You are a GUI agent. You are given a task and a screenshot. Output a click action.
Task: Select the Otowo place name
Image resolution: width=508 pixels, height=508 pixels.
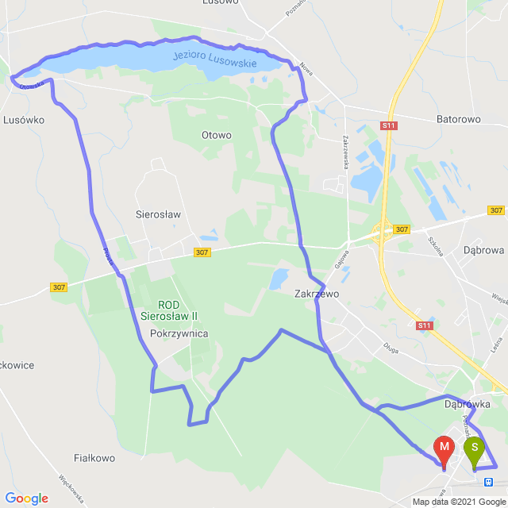point(217,136)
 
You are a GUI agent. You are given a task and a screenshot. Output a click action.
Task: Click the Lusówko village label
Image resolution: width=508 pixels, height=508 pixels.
point(24,119)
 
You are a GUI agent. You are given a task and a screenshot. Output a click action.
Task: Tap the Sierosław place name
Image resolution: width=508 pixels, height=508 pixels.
point(159,214)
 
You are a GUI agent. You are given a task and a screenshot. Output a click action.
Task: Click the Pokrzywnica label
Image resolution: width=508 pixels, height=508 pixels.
point(179,333)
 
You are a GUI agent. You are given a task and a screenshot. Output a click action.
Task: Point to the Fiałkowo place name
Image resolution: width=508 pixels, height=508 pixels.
point(94,458)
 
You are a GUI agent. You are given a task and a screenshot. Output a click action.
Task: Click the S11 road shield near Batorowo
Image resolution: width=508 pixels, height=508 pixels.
point(388,125)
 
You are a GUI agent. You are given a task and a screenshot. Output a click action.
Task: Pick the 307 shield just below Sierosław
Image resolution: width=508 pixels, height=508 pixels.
point(202,252)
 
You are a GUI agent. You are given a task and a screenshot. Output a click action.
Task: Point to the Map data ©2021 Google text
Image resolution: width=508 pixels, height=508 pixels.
point(457,502)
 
